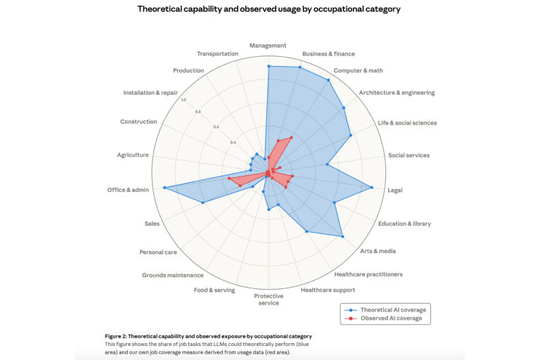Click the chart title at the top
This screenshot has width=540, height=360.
[x=270, y=9]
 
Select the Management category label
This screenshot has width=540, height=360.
[x=268, y=46]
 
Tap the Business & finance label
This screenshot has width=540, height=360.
[x=328, y=53]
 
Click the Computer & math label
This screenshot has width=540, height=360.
[x=358, y=70]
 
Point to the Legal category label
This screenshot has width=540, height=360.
[x=395, y=190]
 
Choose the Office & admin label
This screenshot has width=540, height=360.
[x=128, y=190]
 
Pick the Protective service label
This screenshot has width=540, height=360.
[x=269, y=300]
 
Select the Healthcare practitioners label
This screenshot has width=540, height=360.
[x=368, y=274]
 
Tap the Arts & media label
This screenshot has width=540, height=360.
[x=378, y=251]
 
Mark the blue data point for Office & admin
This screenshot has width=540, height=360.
[x=165, y=188]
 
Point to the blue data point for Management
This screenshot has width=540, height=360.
[x=268, y=66]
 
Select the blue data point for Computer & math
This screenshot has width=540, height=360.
[x=328, y=80]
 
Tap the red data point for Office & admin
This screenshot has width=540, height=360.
[x=229, y=179]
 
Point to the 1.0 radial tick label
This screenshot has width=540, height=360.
[x=184, y=99]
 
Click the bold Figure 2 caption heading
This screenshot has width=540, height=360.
[x=208, y=336]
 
